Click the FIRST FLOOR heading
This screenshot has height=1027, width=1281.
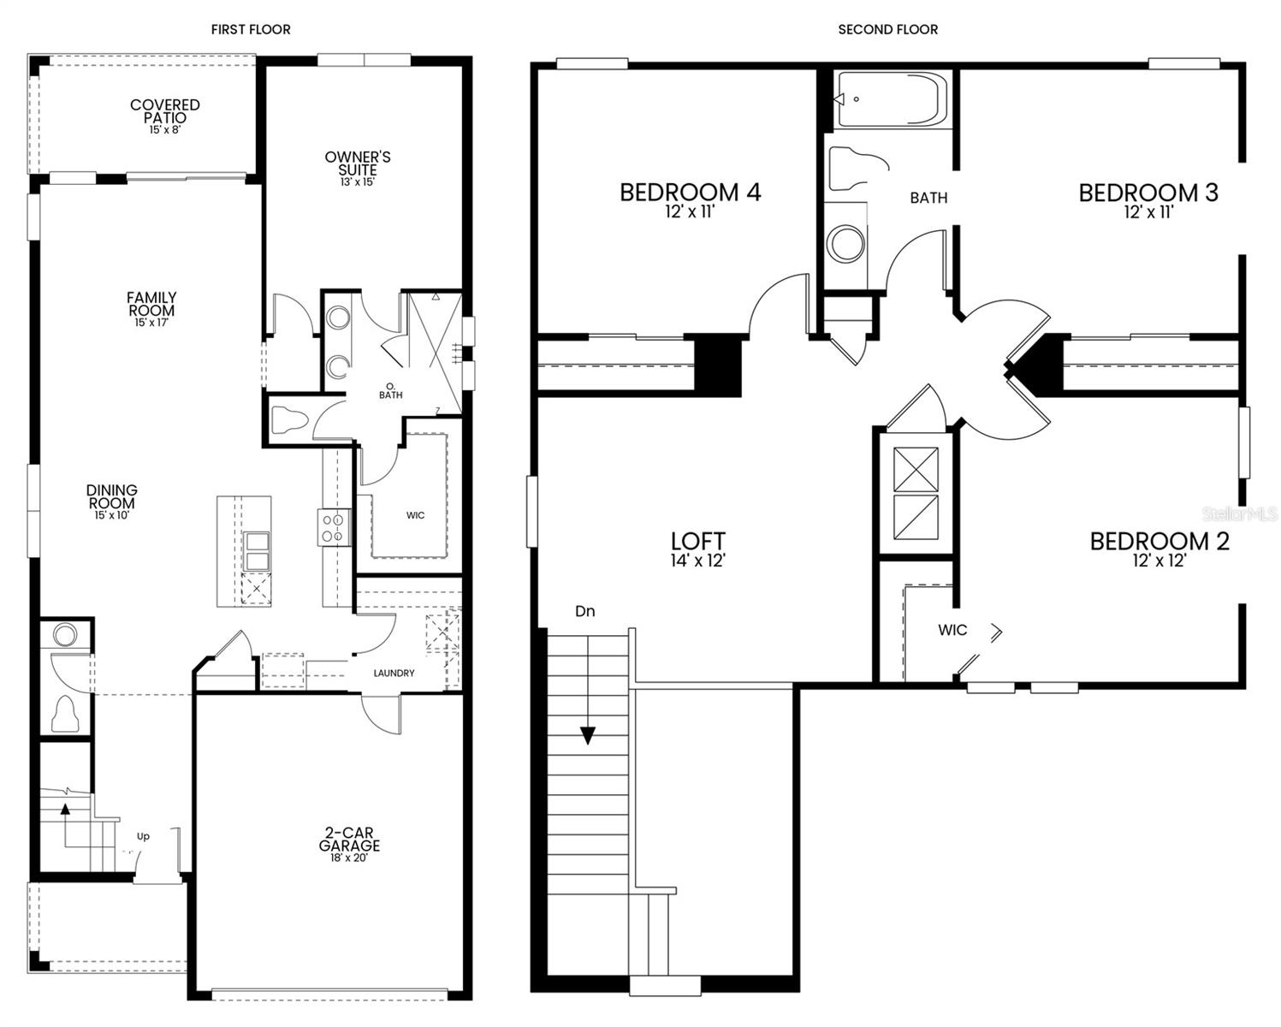click(x=251, y=29)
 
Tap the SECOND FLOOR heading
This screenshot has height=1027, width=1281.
click(x=887, y=29)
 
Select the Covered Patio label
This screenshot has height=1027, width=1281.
click(x=165, y=111)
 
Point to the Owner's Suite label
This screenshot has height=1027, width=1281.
click(x=358, y=163)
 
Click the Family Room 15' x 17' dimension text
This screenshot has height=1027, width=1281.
click(x=151, y=323)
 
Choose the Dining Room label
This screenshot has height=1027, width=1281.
click(x=112, y=496)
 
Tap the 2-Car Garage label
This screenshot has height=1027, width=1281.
click(x=349, y=839)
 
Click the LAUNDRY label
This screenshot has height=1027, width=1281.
click(x=394, y=674)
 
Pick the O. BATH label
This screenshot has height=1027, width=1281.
click(x=391, y=390)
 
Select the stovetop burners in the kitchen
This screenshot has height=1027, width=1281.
click(x=334, y=527)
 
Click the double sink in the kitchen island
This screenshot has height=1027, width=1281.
click(x=258, y=552)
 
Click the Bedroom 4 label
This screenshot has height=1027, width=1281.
click(x=691, y=193)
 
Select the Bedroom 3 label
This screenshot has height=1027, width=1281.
click(x=1149, y=193)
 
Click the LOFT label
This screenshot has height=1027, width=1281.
click(x=697, y=541)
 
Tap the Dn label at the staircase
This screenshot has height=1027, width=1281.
click(x=585, y=611)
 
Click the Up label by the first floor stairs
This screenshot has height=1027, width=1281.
click(x=144, y=836)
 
